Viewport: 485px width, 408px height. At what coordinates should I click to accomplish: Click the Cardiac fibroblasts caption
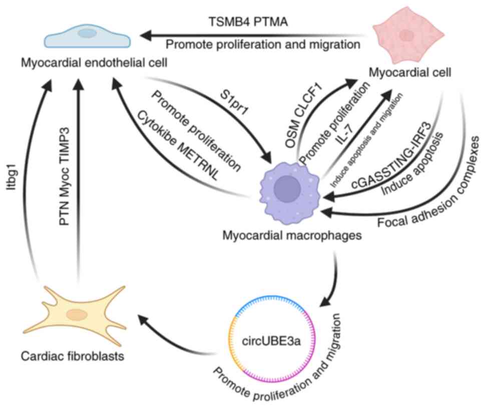74,356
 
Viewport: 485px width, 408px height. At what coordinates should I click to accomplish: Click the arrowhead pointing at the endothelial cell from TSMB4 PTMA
145,35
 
